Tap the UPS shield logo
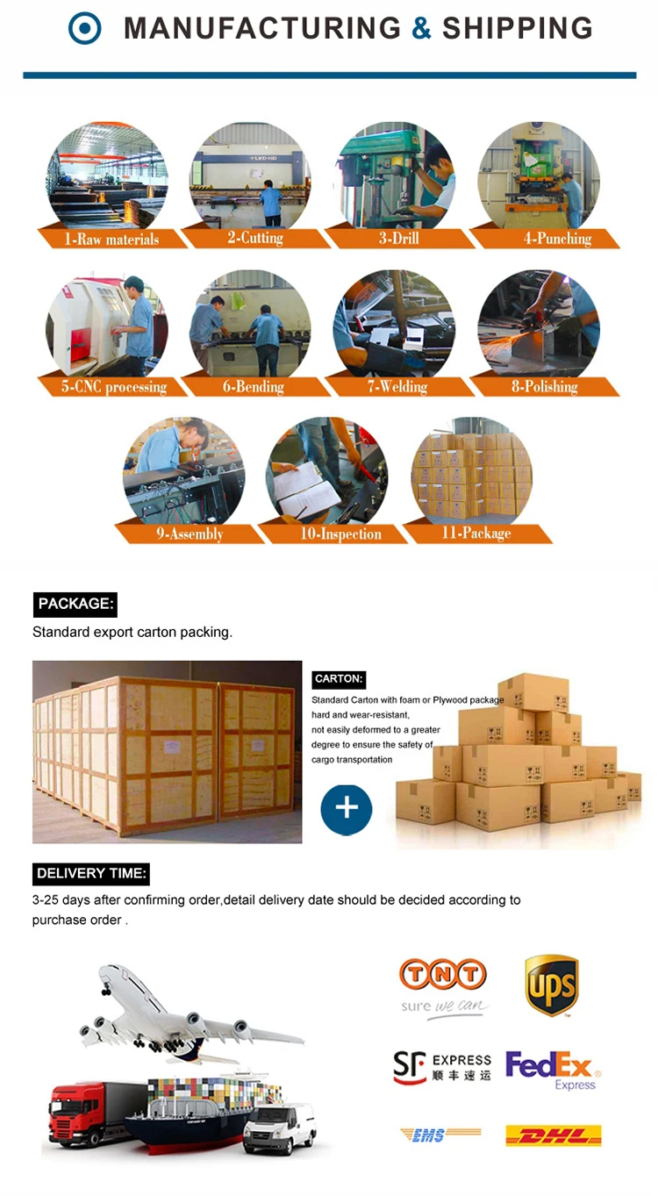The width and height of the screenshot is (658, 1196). [x=551, y=985]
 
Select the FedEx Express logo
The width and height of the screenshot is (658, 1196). [x=553, y=1069]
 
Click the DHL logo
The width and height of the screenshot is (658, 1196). [x=553, y=1136]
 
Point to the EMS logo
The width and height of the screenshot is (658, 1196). [x=440, y=1135]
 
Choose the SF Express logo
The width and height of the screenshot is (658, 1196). [x=442, y=1067]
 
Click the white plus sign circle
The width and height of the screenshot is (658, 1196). [x=347, y=808]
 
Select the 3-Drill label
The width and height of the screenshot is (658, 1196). [x=399, y=238]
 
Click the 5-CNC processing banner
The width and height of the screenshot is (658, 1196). [x=114, y=386]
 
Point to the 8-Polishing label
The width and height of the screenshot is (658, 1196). [x=544, y=386]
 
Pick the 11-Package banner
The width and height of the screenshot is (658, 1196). [x=476, y=533]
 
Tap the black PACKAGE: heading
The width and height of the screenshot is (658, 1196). [x=75, y=604]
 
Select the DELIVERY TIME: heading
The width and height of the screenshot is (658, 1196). [x=91, y=873]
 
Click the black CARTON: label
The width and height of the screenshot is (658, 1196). [x=339, y=678]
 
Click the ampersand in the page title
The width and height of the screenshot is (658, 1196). [x=422, y=28]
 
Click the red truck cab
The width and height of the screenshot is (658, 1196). [x=75, y=1114]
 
